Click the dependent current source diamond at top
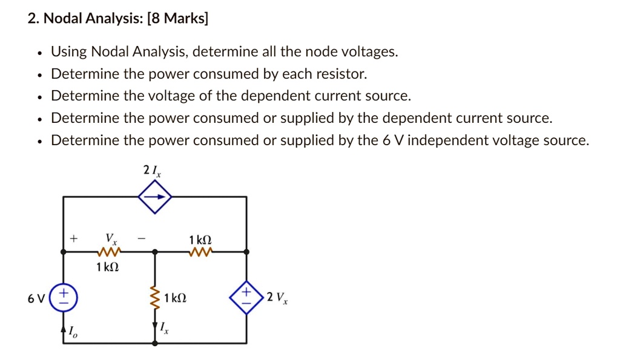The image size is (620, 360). click(x=155, y=197)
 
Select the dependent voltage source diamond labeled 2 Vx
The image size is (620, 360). click(x=246, y=297)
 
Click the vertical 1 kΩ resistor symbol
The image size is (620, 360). click(x=155, y=298)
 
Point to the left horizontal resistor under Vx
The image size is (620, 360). click(x=109, y=251)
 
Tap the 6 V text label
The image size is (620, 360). click(x=36, y=298)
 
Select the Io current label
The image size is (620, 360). click(x=73, y=332)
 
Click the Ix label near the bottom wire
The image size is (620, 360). click(x=164, y=327)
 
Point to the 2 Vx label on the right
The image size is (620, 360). click(x=279, y=298)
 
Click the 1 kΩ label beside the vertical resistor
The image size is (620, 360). click(x=176, y=298)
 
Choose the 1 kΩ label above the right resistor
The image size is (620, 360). click(x=200, y=239)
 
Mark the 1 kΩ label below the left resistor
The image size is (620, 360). click(x=108, y=266)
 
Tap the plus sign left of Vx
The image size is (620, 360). click(x=73, y=239)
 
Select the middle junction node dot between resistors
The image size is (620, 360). click(x=155, y=251)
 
